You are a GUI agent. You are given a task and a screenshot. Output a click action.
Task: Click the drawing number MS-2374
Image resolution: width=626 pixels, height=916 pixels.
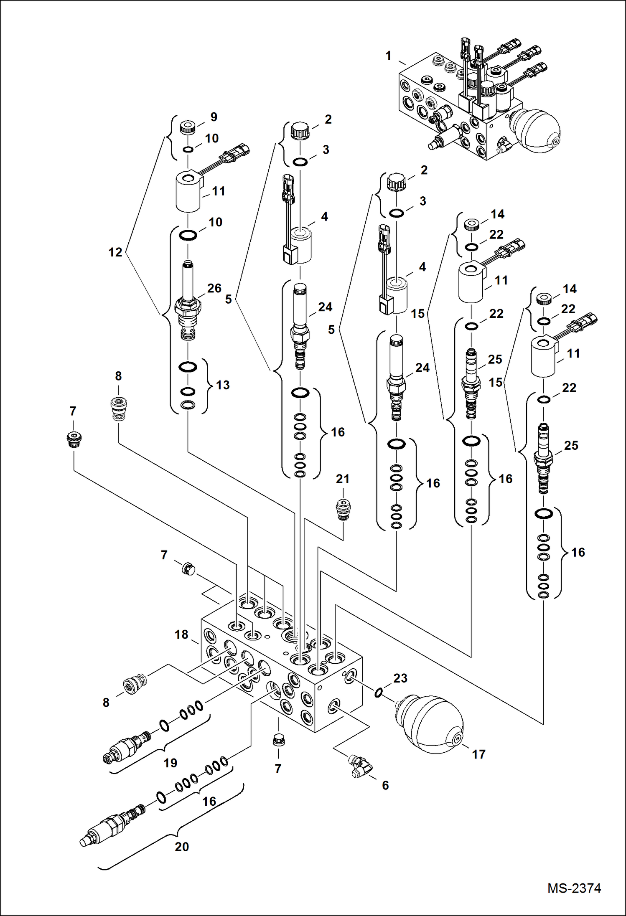click(x=574, y=888)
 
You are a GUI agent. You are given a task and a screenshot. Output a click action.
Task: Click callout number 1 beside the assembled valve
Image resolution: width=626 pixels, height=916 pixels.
click(x=388, y=56)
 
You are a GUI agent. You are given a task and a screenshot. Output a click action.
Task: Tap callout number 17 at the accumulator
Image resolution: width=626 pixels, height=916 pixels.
click(x=478, y=754)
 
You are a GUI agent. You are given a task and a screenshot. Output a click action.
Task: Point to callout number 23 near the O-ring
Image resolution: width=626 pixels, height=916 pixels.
click(x=400, y=678)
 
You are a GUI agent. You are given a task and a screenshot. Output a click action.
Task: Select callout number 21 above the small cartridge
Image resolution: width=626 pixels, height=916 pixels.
click(x=342, y=479)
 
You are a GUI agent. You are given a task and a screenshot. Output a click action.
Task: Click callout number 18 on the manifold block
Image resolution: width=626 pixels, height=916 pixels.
click(x=181, y=634)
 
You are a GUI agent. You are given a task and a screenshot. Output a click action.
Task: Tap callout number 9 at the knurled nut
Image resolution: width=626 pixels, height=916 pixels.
click(x=214, y=117)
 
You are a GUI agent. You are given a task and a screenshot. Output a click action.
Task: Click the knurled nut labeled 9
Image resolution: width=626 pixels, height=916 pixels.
click(x=188, y=127)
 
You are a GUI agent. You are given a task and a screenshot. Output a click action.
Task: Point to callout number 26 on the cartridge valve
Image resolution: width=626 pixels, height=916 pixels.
click(x=214, y=288)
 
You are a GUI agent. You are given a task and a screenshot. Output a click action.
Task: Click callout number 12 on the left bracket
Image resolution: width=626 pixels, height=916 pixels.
click(x=115, y=252)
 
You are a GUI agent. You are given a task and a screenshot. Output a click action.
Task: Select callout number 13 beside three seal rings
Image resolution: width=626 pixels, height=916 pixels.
click(x=223, y=385)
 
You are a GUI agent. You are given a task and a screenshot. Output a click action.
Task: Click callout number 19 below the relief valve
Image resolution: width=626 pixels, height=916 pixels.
click(x=170, y=763)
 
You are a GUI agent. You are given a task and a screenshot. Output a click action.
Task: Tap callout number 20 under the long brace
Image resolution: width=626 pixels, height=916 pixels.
click(x=182, y=847)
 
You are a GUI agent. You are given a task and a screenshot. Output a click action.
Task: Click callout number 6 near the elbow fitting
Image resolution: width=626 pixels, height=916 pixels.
click(x=385, y=785)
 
